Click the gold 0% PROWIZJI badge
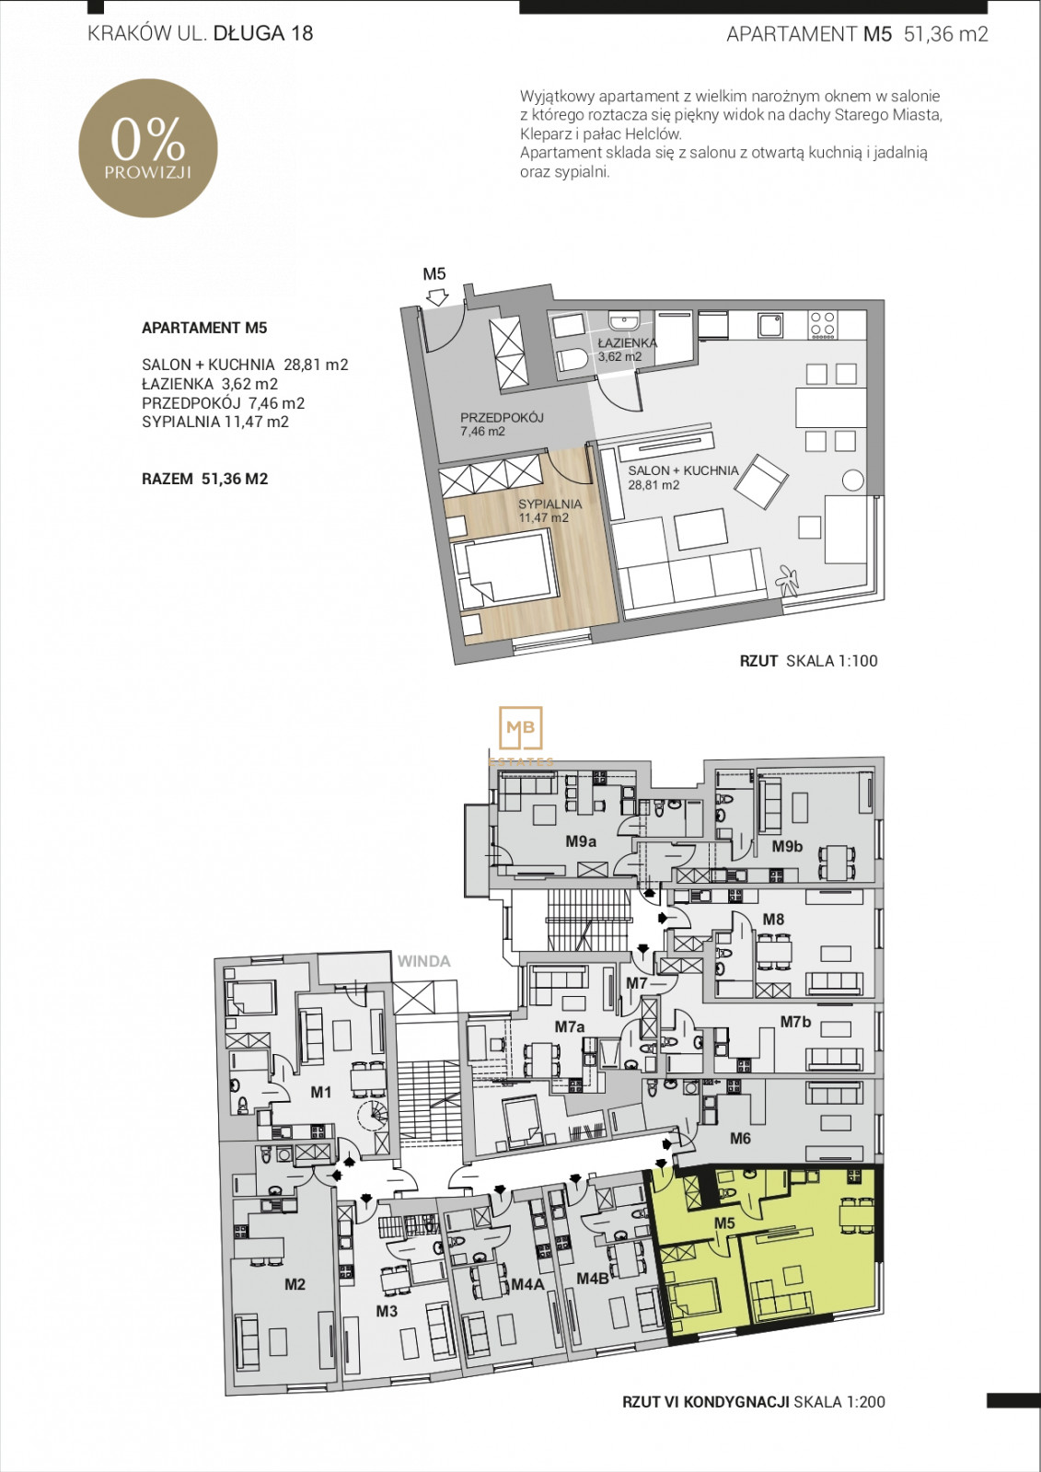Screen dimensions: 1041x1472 [x=148, y=148]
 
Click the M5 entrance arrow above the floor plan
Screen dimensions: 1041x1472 [x=436, y=297]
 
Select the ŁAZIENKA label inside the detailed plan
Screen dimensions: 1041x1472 [x=627, y=342]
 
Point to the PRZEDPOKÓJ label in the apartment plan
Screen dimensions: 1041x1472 [x=502, y=417]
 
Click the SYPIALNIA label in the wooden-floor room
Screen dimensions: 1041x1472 [x=549, y=504]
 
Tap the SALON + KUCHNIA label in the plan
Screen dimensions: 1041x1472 [x=683, y=470]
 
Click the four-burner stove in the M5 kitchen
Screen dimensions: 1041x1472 [x=823, y=325]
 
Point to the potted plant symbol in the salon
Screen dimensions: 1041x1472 [x=787, y=578]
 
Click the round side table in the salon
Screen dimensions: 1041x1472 [x=852, y=481]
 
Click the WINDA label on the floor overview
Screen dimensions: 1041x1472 [x=424, y=961]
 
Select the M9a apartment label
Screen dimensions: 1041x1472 [x=581, y=841]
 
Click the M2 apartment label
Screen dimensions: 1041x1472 [x=295, y=1284]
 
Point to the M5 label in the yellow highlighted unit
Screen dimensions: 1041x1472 [x=724, y=1223]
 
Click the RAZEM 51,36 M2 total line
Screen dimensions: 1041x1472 [x=205, y=479]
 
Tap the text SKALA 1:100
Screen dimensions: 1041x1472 [x=832, y=661]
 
